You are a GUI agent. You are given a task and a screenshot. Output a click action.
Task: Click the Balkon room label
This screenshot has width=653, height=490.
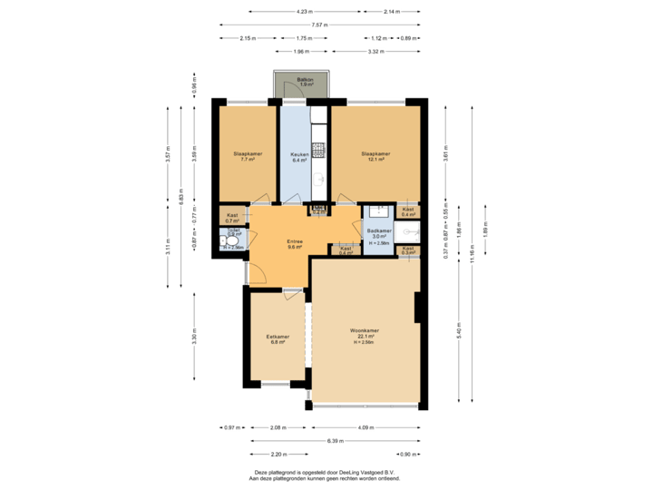point(306,82)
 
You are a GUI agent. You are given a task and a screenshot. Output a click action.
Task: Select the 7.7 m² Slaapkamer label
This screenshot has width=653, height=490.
point(247,156)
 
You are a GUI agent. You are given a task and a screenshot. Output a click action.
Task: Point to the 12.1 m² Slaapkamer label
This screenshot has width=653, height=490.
point(375,156)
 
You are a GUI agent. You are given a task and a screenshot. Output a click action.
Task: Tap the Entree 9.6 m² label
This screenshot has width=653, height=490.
point(295,243)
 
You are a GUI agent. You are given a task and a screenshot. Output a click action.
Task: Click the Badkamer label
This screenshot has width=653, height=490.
point(379,233)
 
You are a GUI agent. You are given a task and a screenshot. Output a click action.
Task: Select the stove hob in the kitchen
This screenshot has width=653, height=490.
point(318,149)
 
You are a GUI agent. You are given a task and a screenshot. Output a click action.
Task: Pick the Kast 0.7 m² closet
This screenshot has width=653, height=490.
point(232,217)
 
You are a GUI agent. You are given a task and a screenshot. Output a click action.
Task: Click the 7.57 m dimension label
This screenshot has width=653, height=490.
point(318,24)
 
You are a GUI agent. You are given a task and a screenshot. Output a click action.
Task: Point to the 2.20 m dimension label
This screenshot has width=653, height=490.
point(278,453)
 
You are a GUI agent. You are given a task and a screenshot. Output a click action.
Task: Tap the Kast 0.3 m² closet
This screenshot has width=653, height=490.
point(408,250)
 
